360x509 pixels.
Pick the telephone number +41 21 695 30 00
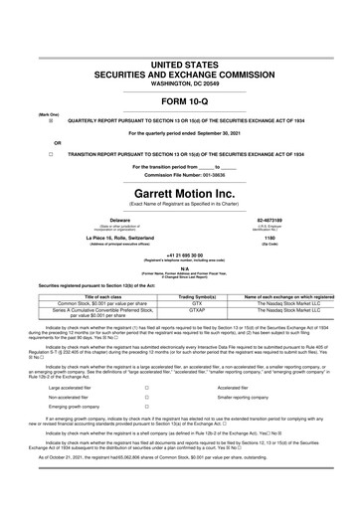(179, 254)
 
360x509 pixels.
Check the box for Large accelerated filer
(146, 388)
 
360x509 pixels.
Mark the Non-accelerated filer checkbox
(146, 398)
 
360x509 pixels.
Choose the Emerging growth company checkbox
(146, 408)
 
